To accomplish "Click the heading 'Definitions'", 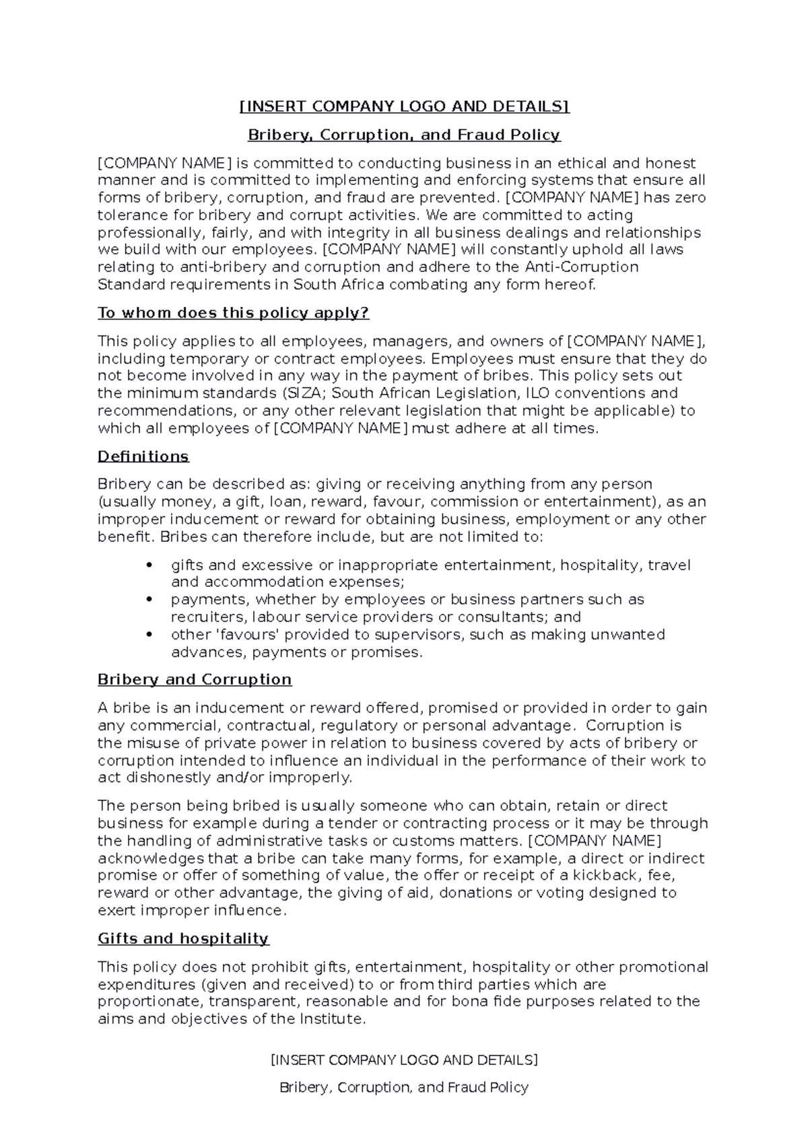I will [143, 456].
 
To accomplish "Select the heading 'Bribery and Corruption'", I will [195, 679].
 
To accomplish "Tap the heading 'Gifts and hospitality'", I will [183, 938].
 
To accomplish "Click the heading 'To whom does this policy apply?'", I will [234, 313].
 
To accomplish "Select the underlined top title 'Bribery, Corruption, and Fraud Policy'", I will [404, 135].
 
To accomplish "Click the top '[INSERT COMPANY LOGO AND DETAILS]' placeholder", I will [404, 106].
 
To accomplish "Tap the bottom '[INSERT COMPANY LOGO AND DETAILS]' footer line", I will [404, 1060].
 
